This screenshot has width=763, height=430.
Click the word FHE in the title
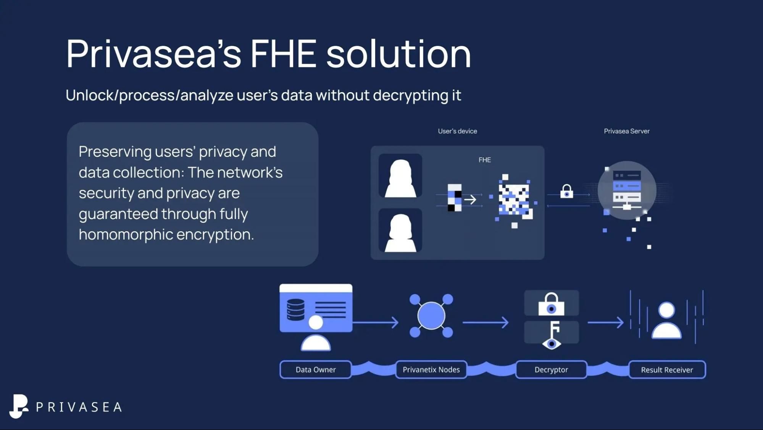pos(283,54)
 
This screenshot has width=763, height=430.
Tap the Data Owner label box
pos(316,370)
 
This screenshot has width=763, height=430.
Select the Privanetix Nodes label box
pos(431,370)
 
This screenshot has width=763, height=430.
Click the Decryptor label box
pos(551,370)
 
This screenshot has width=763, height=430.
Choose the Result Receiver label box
pos(667,370)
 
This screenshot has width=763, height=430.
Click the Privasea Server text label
pos(626,131)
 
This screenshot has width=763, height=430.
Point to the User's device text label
pos(457,131)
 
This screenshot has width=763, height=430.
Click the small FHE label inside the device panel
pos(485,160)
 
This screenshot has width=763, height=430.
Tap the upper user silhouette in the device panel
pos(400,176)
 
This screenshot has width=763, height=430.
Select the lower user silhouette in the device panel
pos(400,231)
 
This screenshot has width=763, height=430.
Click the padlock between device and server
pos(566,191)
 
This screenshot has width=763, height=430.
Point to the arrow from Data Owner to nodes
pos(376,322)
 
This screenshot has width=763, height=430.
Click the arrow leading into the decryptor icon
pos(486,322)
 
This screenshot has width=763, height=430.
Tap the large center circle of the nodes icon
pos(431,315)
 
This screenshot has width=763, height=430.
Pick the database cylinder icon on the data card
pos(296,309)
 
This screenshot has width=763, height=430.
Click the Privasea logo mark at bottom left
pos(18,406)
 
